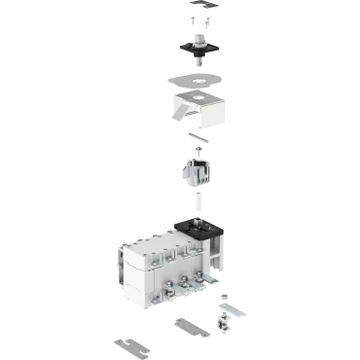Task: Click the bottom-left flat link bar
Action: [x=130, y=344]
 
